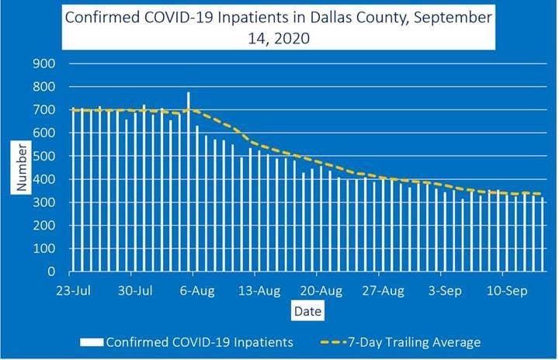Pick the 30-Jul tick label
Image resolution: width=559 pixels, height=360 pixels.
click(x=134, y=292)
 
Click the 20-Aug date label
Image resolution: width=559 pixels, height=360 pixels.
click(x=320, y=292)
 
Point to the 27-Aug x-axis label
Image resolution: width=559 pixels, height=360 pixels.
click(x=382, y=292)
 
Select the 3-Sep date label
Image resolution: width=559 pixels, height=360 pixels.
click(x=443, y=292)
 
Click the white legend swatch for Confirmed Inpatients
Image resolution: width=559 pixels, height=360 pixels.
click(x=92, y=341)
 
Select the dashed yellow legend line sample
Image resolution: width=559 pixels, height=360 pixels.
click(x=335, y=341)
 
